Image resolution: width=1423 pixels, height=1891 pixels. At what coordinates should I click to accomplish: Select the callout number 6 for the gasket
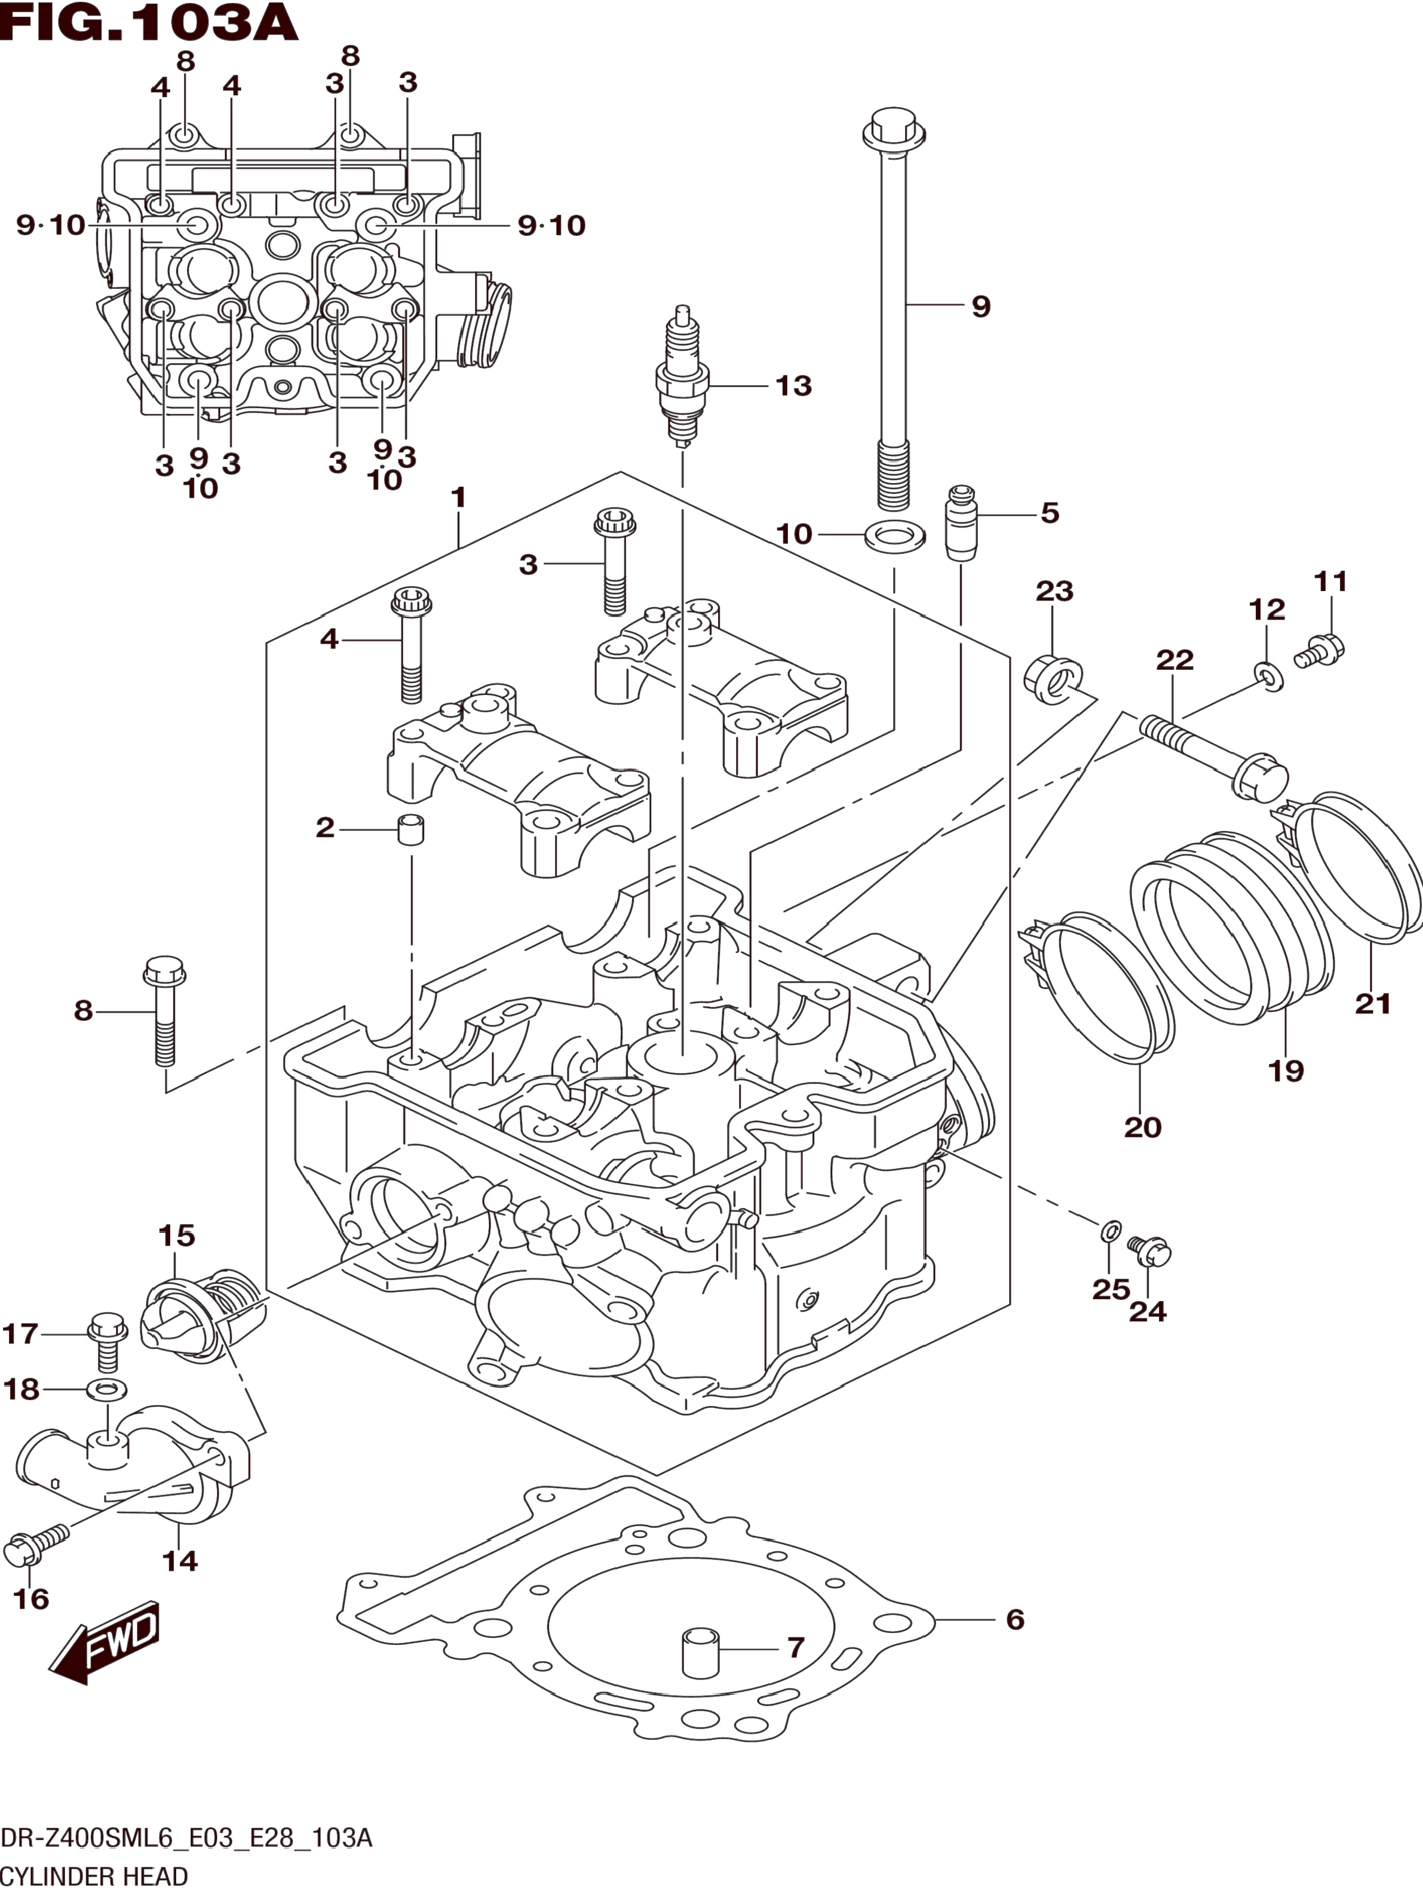pyautogui.click(x=1015, y=1619)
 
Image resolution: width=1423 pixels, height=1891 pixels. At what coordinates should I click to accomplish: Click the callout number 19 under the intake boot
pyautogui.click(x=1286, y=1071)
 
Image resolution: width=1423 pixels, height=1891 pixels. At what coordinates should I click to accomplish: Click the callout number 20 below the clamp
pyautogui.click(x=1142, y=1127)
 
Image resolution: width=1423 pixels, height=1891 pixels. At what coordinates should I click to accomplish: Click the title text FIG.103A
pyautogui.click(x=150, y=23)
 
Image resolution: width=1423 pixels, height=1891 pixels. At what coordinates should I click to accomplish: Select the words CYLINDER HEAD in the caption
pyautogui.click(x=94, y=1877)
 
